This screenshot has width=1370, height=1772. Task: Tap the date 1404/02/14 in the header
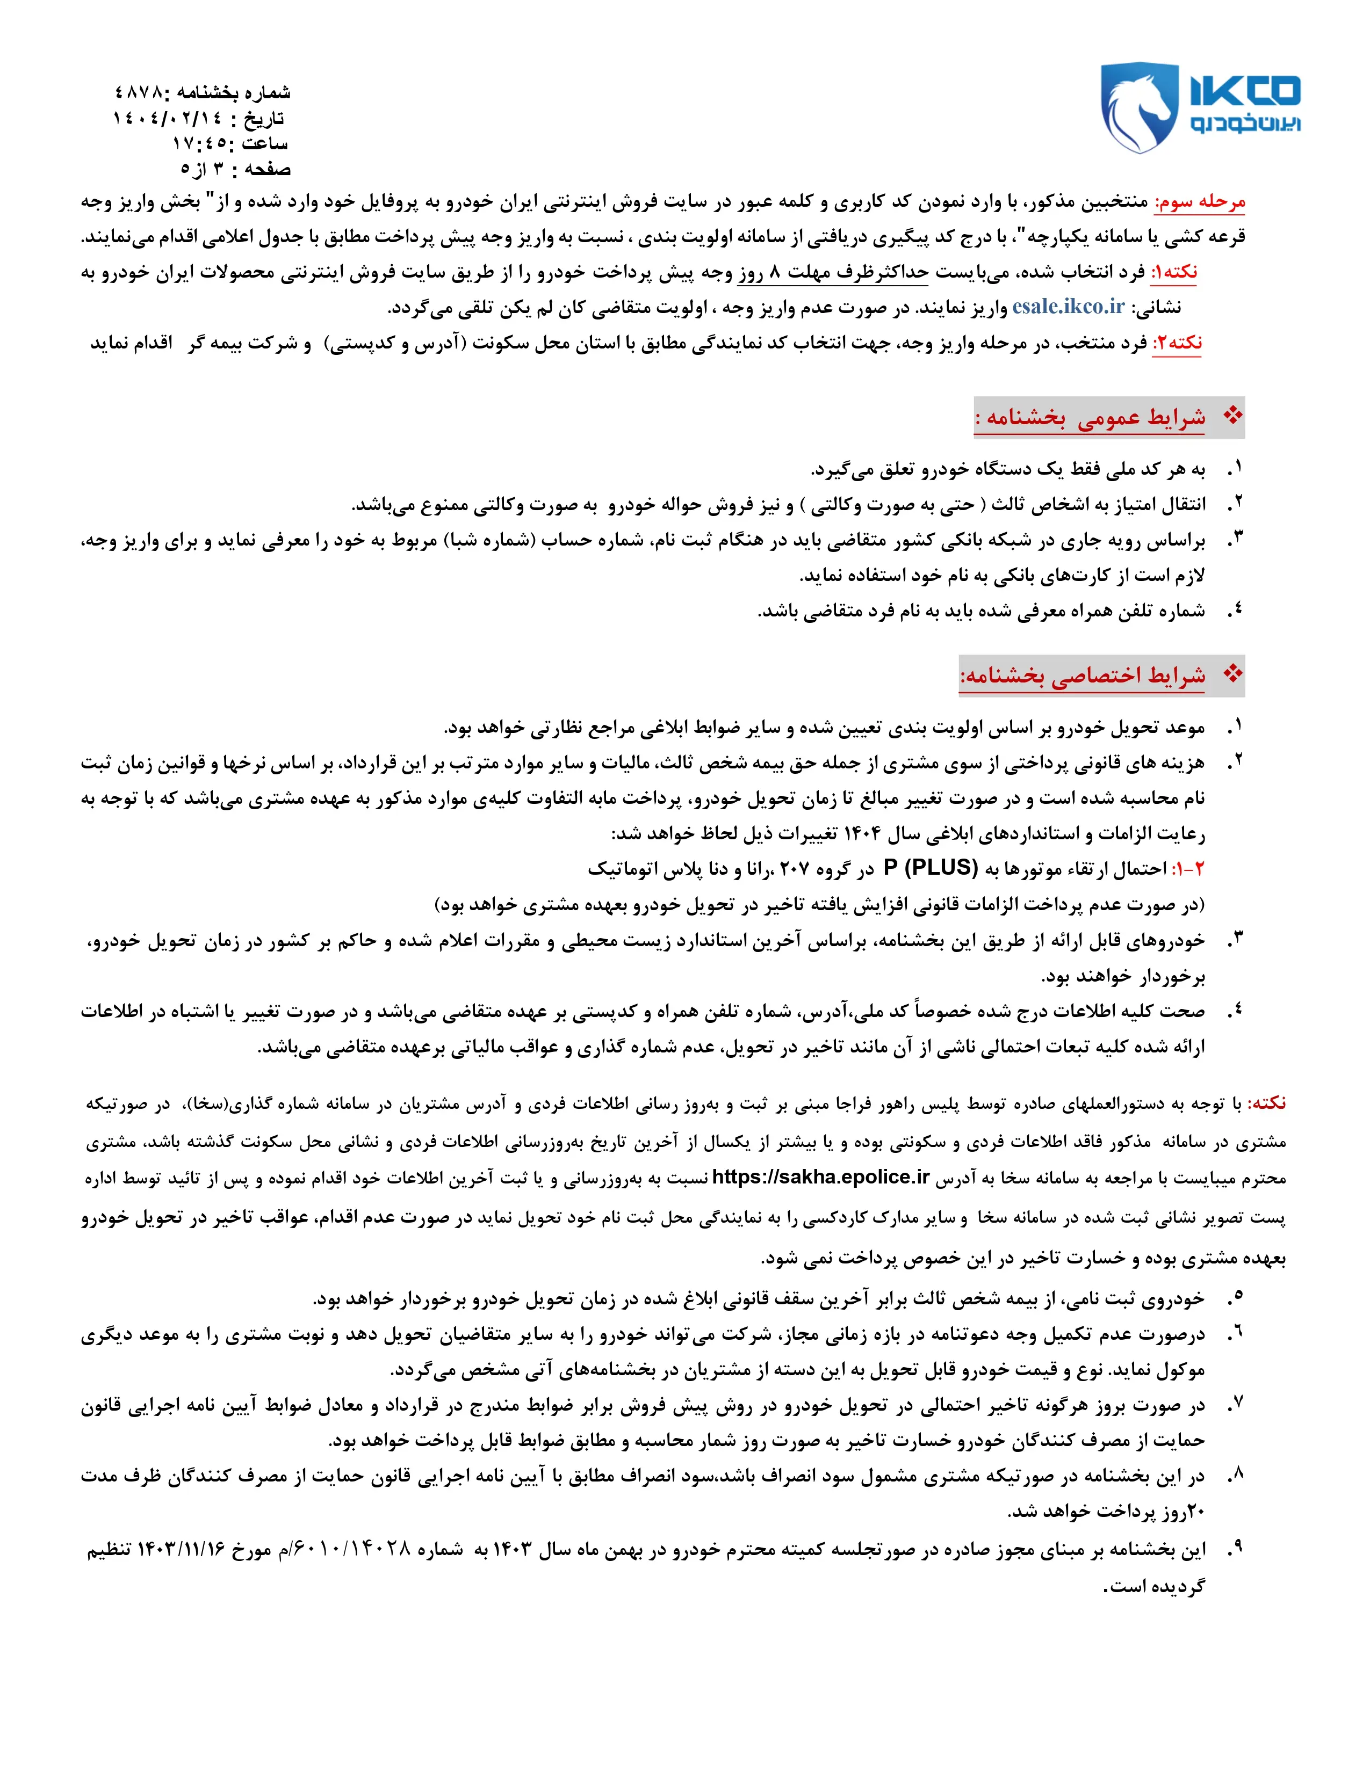point(167,119)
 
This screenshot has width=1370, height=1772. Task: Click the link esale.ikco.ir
point(1068,307)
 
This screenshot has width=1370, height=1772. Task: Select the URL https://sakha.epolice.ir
point(820,1177)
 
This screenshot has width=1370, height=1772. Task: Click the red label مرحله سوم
point(1200,202)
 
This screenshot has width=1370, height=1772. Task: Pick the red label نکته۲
point(1177,343)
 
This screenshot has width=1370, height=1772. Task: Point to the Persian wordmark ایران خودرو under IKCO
point(1245,124)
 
